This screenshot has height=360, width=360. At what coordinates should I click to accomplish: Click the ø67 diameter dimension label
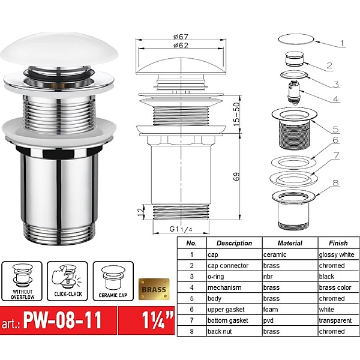[181, 37]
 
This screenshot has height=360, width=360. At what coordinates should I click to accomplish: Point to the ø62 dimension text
[181, 46]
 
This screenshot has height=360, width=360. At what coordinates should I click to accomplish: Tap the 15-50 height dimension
[236, 114]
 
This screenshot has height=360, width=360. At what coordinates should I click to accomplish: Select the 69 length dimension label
[236, 176]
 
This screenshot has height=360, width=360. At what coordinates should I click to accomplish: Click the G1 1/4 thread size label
[181, 229]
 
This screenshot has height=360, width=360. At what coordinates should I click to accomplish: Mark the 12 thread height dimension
[141, 212]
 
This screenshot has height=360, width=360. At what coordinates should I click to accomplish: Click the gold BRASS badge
[154, 289]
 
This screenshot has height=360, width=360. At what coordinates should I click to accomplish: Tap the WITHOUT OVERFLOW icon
[22, 281]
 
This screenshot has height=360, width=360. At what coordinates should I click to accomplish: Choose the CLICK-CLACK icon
[67, 281]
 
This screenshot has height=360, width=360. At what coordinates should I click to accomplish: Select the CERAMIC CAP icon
[113, 281]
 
